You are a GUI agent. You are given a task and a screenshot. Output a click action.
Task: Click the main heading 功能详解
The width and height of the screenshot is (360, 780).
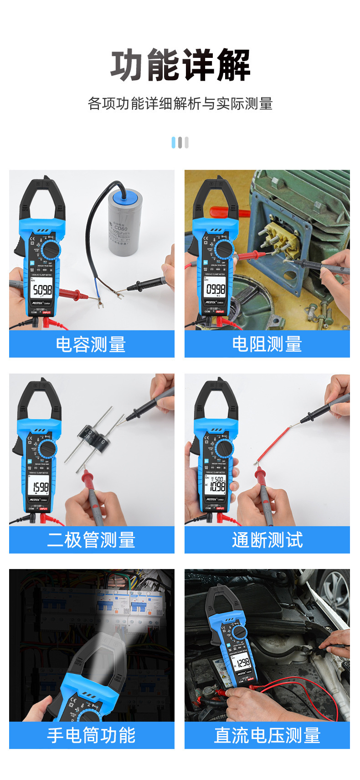tap(180, 66)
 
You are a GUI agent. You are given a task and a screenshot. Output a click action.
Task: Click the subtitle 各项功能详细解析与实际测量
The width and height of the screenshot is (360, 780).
tap(180, 104)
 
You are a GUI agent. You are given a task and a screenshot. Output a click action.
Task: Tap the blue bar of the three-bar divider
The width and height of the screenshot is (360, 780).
tap(174, 143)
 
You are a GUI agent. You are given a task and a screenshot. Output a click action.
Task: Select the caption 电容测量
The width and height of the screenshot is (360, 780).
tap(91, 344)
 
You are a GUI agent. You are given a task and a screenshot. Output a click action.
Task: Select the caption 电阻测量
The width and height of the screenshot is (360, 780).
tap(267, 344)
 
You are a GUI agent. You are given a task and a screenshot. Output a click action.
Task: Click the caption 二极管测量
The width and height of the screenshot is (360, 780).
tap(91, 540)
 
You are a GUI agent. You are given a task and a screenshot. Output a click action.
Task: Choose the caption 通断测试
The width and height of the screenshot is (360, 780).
tap(267, 540)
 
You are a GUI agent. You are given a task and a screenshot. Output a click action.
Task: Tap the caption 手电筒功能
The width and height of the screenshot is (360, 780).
tap(91, 735)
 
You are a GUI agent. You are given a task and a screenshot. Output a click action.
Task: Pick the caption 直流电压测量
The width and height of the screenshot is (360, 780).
tap(267, 735)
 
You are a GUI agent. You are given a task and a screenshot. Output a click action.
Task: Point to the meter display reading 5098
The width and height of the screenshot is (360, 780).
tap(42, 290)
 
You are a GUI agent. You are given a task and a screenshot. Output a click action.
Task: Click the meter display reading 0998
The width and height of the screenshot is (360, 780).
tap(216, 289)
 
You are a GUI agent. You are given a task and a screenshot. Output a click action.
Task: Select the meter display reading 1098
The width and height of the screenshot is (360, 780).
tap(217, 486)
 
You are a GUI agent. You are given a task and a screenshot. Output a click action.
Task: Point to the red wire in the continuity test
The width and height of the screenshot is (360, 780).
tap(273, 444)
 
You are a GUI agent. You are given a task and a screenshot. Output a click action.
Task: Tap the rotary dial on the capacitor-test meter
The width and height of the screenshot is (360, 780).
tap(50, 251)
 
